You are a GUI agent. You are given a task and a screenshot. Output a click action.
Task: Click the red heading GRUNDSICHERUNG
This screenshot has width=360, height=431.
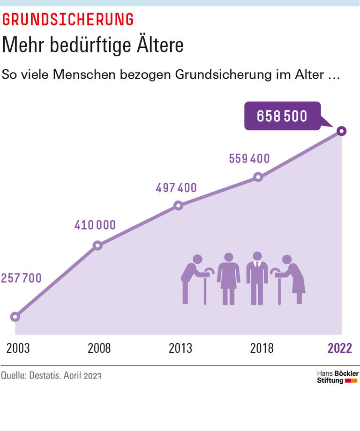(x=68, y=19)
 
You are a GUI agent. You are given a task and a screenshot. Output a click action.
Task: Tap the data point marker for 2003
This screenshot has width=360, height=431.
(x=15, y=317)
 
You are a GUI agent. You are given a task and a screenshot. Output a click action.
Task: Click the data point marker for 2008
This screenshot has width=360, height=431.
(x=97, y=245)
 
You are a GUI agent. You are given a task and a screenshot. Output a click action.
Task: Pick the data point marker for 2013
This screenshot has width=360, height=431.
(x=178, y=206)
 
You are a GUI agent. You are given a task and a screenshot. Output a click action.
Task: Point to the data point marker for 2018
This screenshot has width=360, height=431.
(x=257, y=177)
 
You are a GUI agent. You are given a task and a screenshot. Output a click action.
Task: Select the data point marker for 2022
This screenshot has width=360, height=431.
(x=342, y=131)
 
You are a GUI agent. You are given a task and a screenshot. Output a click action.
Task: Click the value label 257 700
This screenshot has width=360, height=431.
(x=21, y=278)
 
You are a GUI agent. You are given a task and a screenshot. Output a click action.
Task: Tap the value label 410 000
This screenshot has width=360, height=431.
(x=95, y=225)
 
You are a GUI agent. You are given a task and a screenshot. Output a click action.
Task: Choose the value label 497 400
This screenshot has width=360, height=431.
(x=176, y=188)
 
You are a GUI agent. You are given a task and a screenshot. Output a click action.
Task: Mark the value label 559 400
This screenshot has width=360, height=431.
(x=249, y=159)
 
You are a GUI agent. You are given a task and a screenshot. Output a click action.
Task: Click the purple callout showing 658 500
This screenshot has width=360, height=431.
(x=282, y=116)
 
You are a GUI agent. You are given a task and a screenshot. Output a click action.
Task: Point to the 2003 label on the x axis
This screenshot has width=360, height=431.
(x=18, y=348)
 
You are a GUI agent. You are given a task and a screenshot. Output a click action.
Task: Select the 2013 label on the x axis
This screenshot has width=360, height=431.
(x=180, y=348)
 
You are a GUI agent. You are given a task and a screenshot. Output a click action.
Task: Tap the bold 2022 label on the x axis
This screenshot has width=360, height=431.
(x=340, y=348)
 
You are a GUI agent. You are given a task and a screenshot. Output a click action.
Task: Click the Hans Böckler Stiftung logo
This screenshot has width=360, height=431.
(x=337, y=377)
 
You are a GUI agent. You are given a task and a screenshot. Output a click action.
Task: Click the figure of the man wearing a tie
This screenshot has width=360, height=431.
(x=257, y=278)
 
